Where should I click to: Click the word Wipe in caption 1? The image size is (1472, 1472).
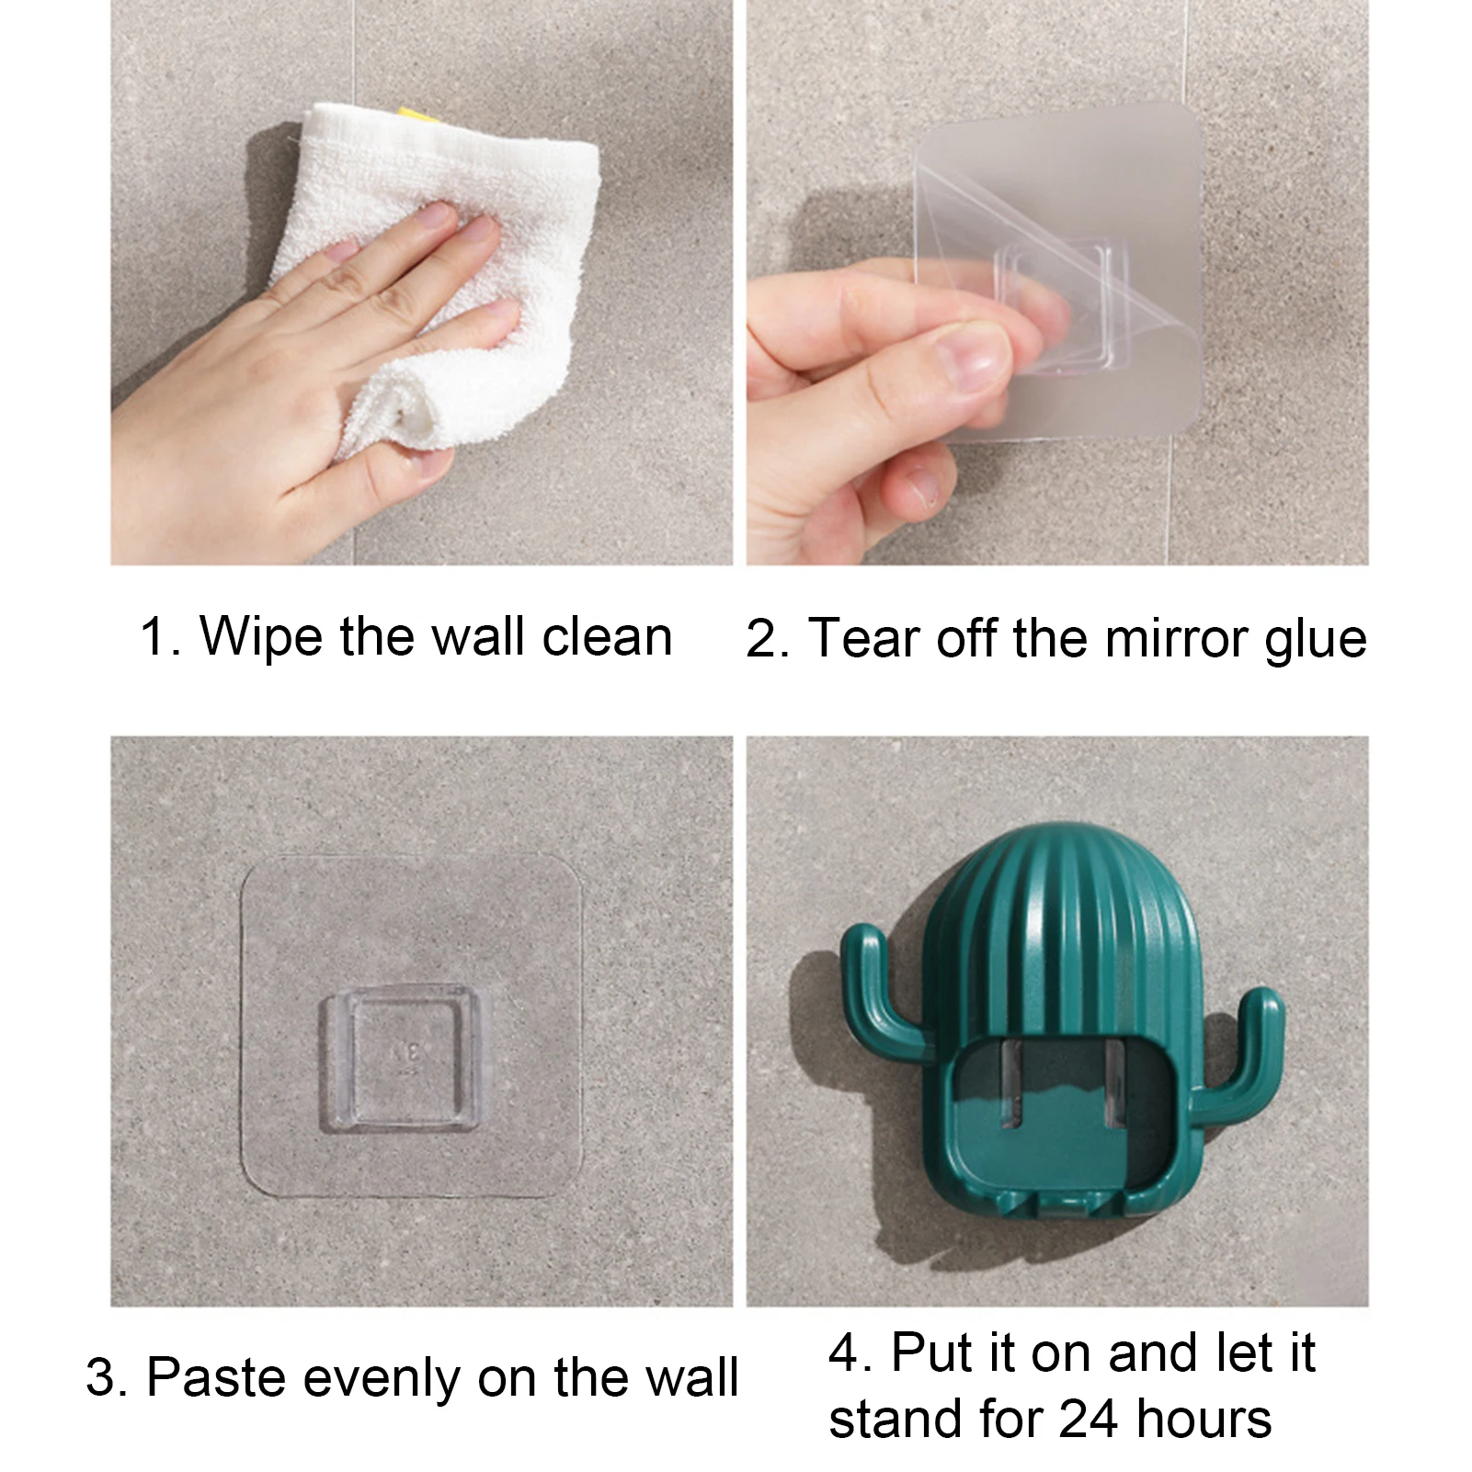click(261, 637)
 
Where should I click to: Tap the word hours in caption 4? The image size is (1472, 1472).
click(1204, 1418)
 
